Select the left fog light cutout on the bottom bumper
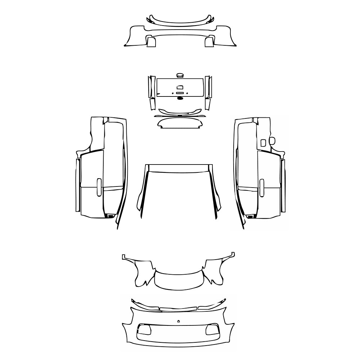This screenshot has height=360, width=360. tap(145, 329)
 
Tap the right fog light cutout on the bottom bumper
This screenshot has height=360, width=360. tap(211, 329)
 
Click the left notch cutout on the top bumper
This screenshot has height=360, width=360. tap(151, 42)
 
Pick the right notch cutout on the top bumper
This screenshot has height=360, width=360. tap(209, 42)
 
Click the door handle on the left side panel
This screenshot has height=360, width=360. tap(99, 188)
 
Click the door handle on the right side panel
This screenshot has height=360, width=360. tap(262, 188)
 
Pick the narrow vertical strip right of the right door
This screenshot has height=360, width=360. tap(283, 185)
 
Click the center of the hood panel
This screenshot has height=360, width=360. tap(179, 194)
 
